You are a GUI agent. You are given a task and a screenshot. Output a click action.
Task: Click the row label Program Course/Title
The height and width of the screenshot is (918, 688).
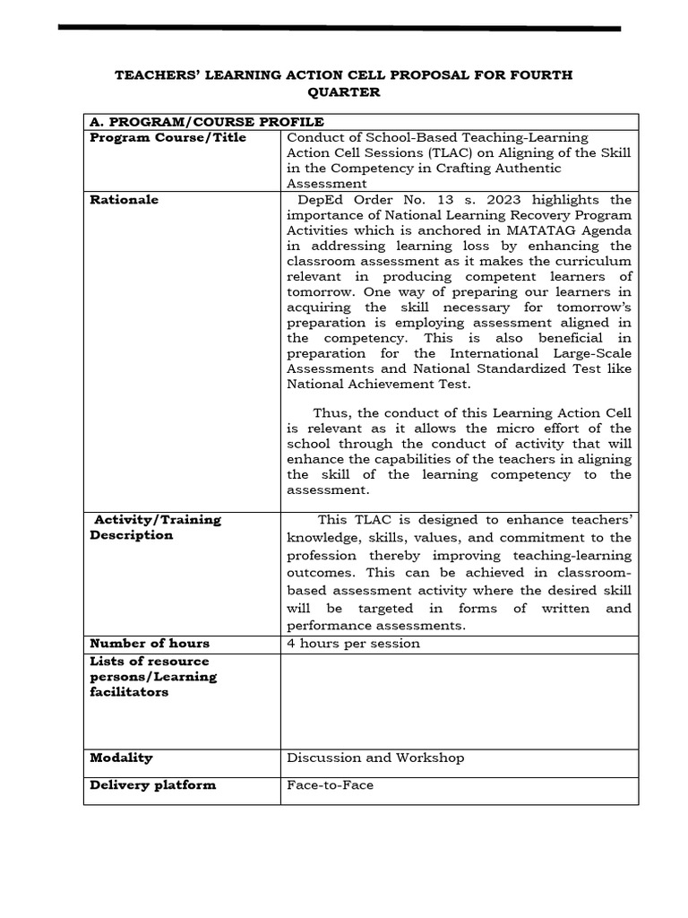click(x=168, y=138)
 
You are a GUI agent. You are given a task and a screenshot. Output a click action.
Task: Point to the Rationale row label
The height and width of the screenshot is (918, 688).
click(x=125, y=200)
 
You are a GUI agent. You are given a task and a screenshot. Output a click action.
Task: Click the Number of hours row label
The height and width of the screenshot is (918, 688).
click(x=150, y=644)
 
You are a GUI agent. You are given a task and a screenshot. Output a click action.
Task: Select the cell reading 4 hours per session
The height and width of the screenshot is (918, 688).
click(x=353, y=644)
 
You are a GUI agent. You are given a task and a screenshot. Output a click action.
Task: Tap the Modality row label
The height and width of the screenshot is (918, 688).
click(x=121, y=758)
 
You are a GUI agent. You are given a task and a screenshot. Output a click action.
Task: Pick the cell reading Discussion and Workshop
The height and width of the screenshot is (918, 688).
click(x=375, y=758)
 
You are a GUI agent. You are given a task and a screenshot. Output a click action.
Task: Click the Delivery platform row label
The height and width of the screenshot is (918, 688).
click(x=153, y=785)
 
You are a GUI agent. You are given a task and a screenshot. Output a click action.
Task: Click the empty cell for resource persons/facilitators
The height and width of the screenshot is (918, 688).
click(x=459, y=701)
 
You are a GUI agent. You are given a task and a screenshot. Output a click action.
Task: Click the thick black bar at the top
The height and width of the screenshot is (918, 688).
click(x=340, y=29)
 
